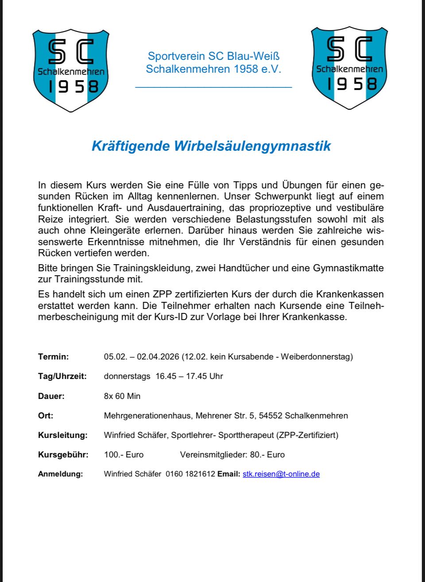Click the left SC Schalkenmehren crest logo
click(x=71, y=70)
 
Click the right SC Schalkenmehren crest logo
click(x=349, y=67)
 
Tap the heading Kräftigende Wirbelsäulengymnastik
click(x=211, y=146)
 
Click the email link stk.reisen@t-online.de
click(x=281, y=474)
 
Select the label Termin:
click(x=54, y=357)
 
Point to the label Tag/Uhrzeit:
click(x=62, y=376)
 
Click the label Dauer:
click(x=51, y=396)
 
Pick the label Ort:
click(x=46, y=416)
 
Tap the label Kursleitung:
click(x=63, y=435)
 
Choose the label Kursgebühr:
click(x=63, y=455)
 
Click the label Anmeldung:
click(x=61, y=474)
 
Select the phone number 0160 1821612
click(x=190, y=474)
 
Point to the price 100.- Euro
click(x=124, y=455)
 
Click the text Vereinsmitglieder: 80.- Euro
click(x=232, y=455)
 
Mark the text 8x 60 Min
click(x=122, y=396)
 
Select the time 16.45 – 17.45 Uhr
click(x=189, y=376)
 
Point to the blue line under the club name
click(x=213, y=87)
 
